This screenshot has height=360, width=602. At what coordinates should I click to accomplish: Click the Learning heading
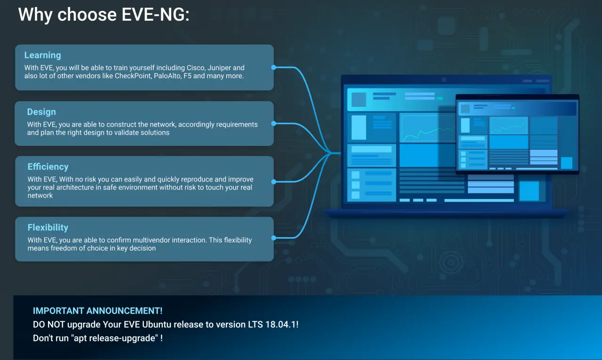42,55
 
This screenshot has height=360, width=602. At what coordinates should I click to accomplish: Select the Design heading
41,112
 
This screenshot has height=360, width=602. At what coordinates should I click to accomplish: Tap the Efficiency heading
48,167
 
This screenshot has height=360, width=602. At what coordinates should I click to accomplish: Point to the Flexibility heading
48,228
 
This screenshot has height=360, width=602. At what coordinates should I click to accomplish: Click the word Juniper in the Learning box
219,68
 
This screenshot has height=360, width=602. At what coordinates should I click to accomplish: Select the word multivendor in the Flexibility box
151,240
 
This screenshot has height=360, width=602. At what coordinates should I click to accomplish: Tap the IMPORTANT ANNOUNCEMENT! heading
97,311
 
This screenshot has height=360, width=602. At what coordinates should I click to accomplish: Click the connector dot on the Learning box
274,67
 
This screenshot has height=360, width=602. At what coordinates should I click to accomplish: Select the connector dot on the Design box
274,124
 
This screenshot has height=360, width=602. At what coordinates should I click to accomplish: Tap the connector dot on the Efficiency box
274,182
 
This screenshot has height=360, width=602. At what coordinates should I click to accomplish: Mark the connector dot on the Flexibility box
274,238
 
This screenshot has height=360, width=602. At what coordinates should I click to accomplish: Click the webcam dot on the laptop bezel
444,80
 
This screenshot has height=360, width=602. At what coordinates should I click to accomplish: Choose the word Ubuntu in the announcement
157,325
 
